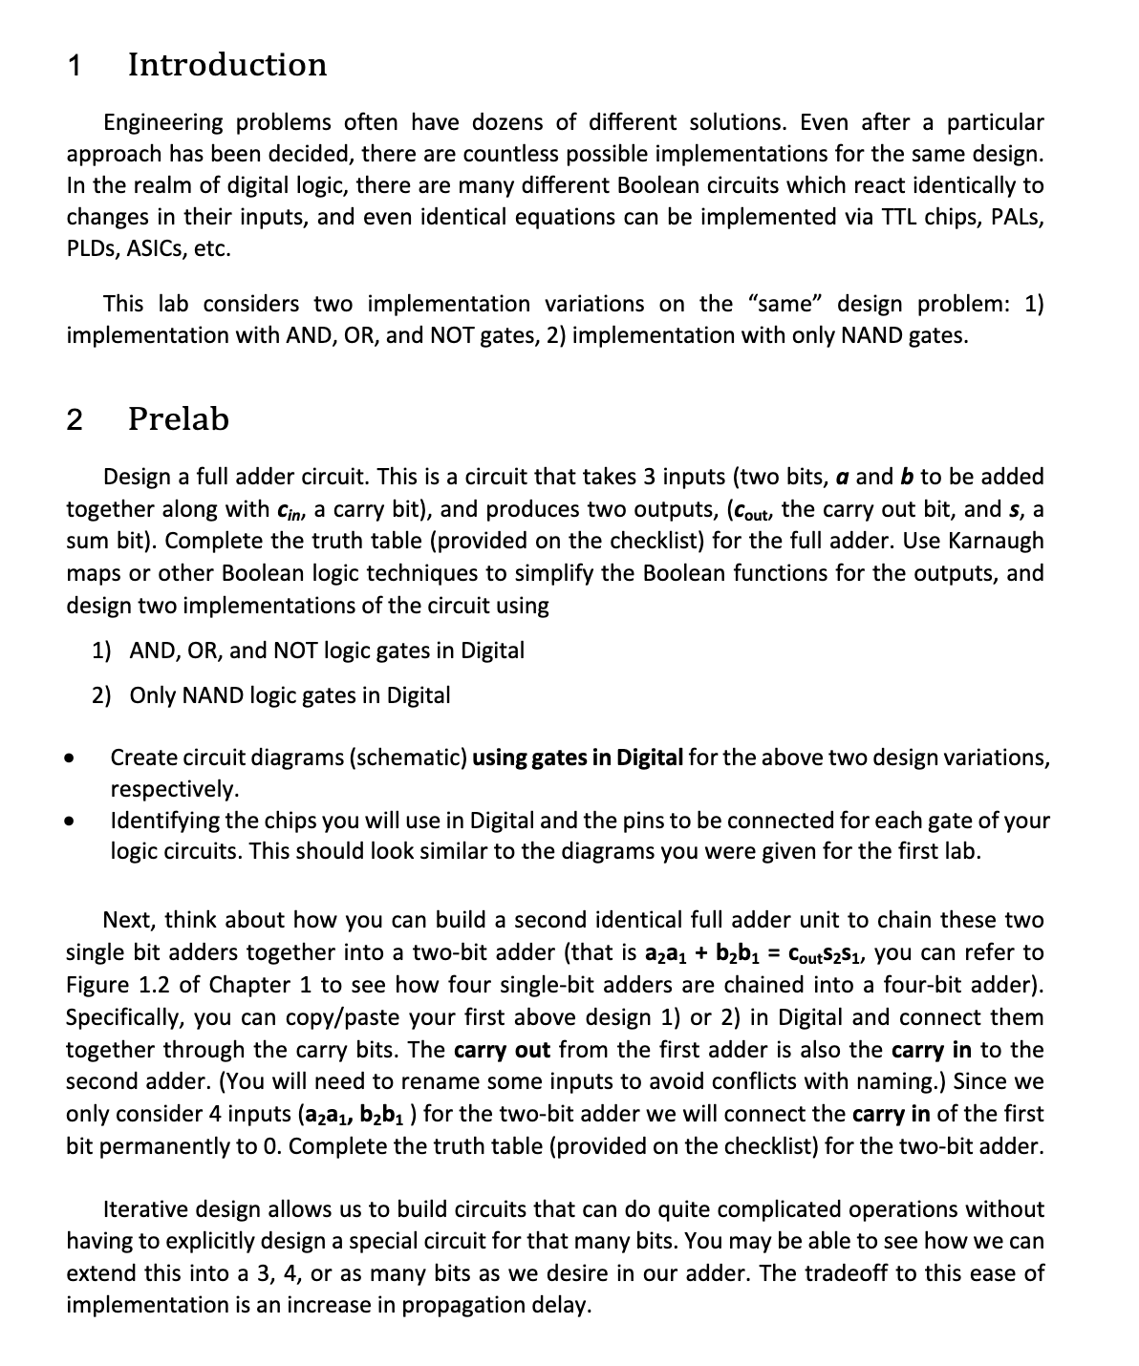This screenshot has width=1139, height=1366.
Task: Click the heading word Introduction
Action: (227, 65)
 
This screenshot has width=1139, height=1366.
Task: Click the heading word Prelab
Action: (179, 419)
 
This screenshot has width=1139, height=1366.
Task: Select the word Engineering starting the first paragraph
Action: (162, 122)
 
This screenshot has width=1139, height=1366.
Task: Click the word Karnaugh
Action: (996, 541)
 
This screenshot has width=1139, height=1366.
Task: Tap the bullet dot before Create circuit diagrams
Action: (69, 759)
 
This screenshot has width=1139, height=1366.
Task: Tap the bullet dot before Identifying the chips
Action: (69, 821)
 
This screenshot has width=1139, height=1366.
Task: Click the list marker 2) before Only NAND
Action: (103, 695)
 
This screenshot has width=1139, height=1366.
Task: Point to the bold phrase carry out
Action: (502, 1050)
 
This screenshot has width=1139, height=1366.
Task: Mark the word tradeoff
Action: (846, 1273)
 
